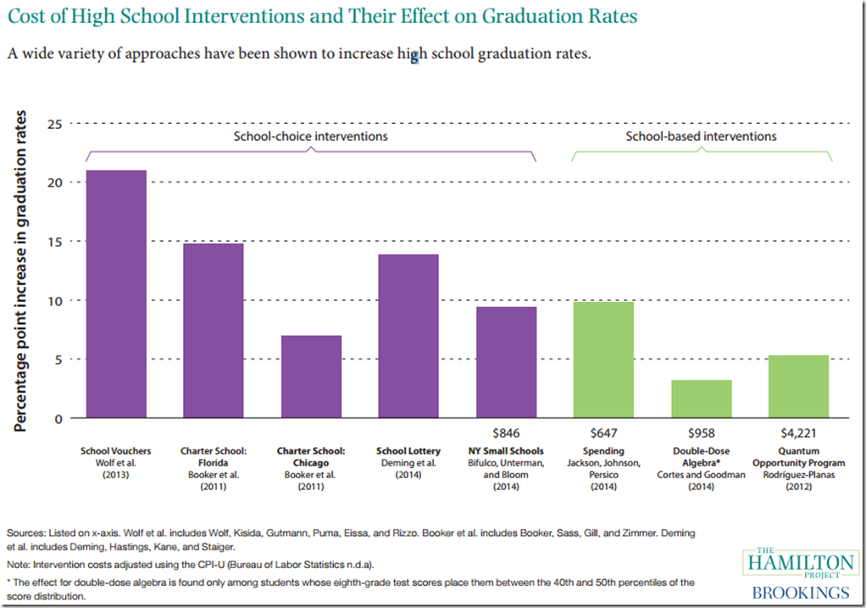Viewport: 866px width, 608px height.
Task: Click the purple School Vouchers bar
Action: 116,294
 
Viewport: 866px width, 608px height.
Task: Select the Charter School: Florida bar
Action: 214,331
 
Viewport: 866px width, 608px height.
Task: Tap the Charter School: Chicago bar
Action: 311,377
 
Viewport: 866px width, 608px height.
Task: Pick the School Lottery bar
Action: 408,336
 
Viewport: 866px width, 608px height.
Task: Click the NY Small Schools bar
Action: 506,362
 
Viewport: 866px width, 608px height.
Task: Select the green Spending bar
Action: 603,360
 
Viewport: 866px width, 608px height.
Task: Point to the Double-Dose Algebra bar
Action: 702,399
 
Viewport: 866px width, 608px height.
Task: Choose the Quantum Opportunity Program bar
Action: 799,387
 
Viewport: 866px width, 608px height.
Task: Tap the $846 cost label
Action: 506,432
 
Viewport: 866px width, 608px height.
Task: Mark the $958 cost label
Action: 702,432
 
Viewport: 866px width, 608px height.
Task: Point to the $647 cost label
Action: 603,432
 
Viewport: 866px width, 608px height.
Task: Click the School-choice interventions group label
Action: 311,137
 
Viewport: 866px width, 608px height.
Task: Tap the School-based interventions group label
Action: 702,137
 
